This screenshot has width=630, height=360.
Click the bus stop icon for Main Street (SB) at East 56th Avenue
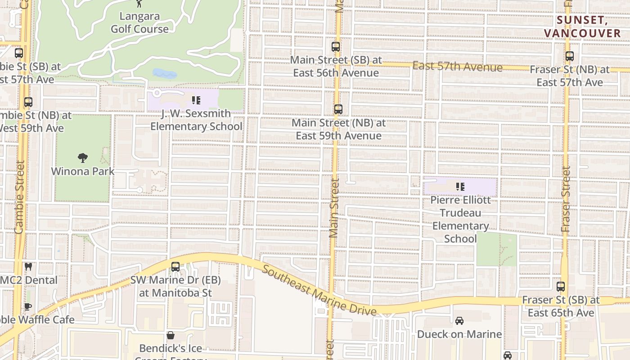pos(335,46)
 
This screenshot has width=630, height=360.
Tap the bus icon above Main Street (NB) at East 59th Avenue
pos(338,109)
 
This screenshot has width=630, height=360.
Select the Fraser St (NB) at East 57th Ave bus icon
pos(570,56)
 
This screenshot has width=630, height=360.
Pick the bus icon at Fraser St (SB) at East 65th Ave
pos(561,286)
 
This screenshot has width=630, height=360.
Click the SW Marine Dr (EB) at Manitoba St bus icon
pos(175,266)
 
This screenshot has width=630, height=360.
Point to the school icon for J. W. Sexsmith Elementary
pos(196,100)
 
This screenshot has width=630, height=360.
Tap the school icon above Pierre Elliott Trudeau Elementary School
pos(460,186)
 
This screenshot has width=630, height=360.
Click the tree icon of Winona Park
pos(82,158)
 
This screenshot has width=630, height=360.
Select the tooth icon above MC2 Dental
pos(28,267)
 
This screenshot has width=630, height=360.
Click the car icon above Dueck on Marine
pos(459,321)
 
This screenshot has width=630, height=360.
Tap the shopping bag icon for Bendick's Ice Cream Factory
pos(171,335)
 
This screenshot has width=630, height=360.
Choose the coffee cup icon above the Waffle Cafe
pos(28,307)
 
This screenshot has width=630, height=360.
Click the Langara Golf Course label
pos(139,22)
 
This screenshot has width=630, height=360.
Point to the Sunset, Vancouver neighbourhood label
pos(582,27)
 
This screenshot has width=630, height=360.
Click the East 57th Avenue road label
pos(457,67)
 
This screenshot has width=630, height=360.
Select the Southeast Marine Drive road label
pos(319,290)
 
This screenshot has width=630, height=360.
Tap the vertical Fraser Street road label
pos(566,199)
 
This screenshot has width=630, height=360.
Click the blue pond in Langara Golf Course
pos(165,74)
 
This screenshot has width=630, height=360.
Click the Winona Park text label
pos(83,171)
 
